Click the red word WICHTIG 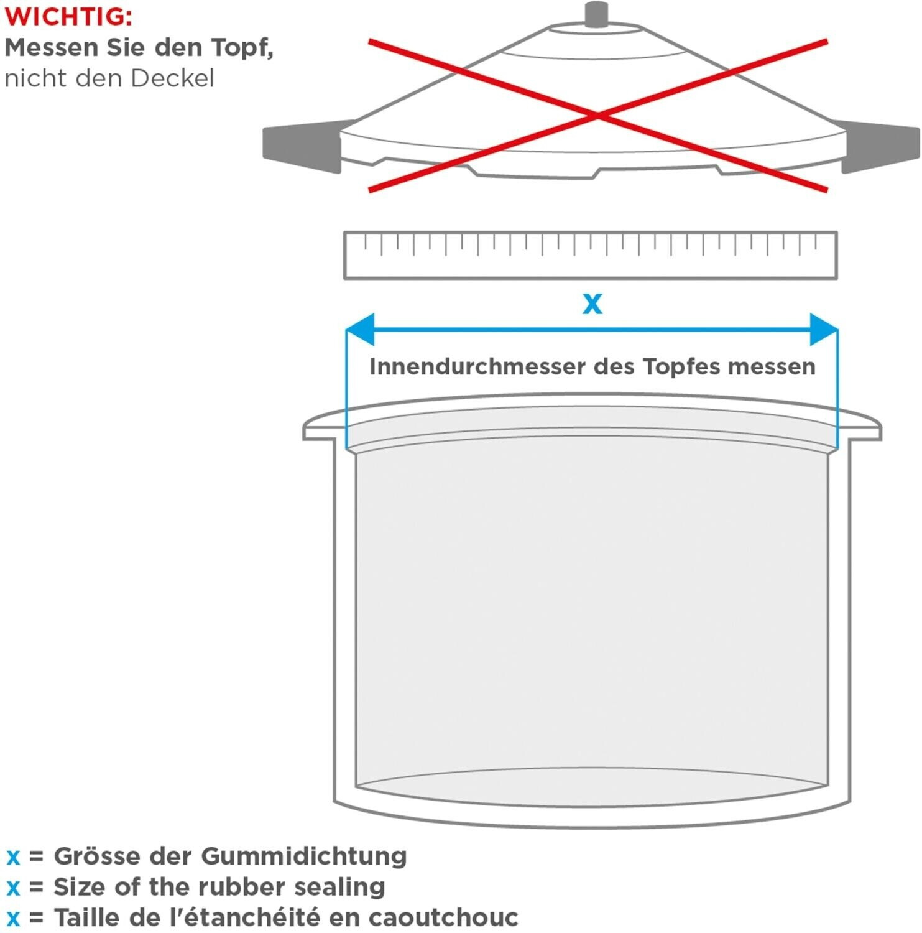[x=68, y=17]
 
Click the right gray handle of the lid [x=880, y=147]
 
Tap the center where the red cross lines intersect [x=597, y=116]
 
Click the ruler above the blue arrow [x=590, y=255]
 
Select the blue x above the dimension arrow [x=592, y=304]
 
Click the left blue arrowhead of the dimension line [x=361, y=330]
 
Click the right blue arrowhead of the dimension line [x=823, y=330]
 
